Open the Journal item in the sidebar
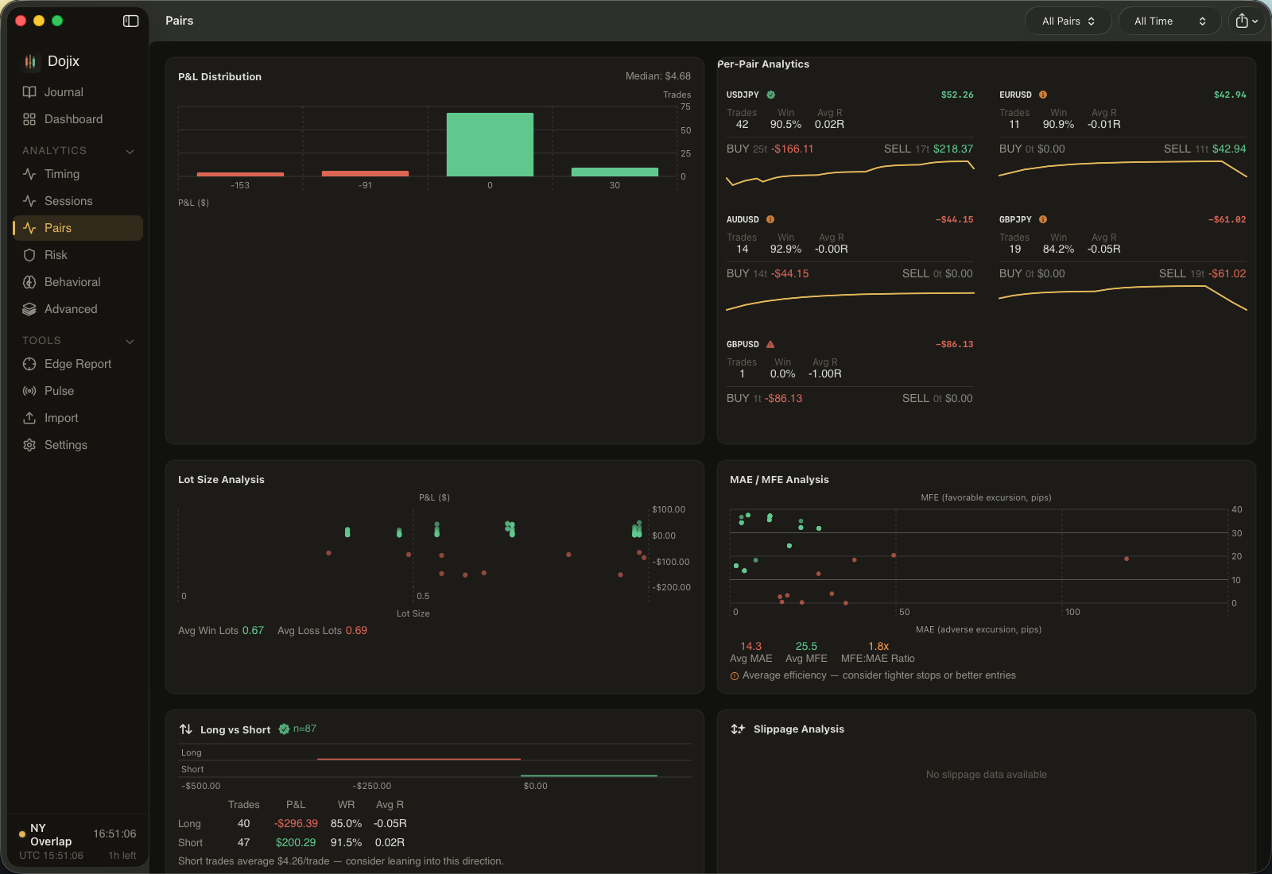point(63,92)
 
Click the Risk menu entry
point(56,255)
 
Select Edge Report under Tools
point(77,364)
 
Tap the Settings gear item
point(65,445)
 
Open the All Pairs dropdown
point(1068,21)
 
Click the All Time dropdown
point(1169,21)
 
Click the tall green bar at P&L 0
point(490,145)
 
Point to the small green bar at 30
point(615,172)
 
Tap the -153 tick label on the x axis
point(240,185)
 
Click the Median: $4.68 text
point(657,76)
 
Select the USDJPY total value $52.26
point(956,95)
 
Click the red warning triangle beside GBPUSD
point(770,344)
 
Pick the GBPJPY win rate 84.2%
point(1058,249)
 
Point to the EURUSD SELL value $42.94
point(1228,149)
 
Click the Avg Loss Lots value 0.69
point(356,631)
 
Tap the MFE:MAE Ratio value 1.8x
point(878,646)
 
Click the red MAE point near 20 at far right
point(1127,559)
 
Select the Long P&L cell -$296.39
point(296,824)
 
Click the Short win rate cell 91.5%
point(346,843)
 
